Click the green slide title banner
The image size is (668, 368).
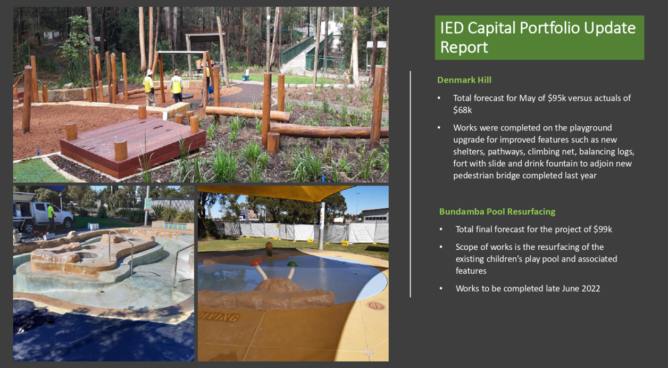pyautogui.click(x=539, y=38)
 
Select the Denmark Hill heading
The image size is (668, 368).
pyautogui.click(x=464, y=80)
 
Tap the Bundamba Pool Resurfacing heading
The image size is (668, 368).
pyautogui.click(x=497, y=211)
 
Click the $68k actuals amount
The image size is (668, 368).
pyautogui.click(x=462, y=110)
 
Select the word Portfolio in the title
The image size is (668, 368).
pyautogui.click(x=550, y=28)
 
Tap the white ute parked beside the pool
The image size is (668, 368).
pyautogui.click(x=45, y=215)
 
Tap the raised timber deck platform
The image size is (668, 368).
pyautogui.click(x=133, y=145)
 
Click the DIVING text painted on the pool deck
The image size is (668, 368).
pyautogui.click(x=219, y=316)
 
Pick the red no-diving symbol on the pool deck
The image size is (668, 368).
pyautogui.click(x=375, y=306)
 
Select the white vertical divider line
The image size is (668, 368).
pyautogui.click(x=411, y=184)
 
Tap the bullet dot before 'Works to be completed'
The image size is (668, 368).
pyautogui.click(x=441, y=289)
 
